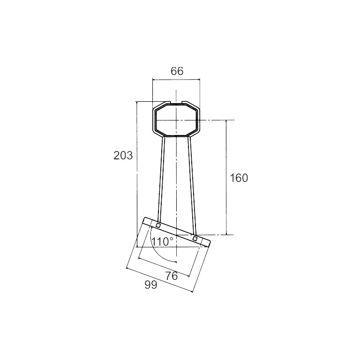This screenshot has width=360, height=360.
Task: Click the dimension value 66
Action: [x=177, y=71]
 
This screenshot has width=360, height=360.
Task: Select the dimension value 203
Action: [x=123, y=156]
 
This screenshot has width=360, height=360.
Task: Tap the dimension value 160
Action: [x=239, y=178]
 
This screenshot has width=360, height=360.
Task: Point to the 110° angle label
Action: [x=163, y=241]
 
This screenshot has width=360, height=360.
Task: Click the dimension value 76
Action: [x=172, y=276]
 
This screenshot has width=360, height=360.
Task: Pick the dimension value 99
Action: [x=151, y=285]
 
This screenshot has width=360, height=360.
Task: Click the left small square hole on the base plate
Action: [x=158, y=225]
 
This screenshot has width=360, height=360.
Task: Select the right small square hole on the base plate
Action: [x=195, y=239]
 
